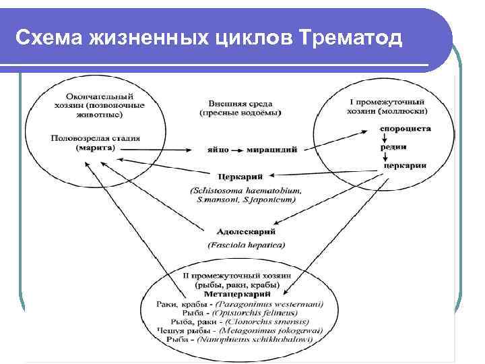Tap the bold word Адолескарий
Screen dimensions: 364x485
pos(247,232)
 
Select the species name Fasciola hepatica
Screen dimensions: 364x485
pos(247,244)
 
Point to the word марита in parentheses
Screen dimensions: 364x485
pos(96,147)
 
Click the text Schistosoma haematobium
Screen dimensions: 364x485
pos(247,191)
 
